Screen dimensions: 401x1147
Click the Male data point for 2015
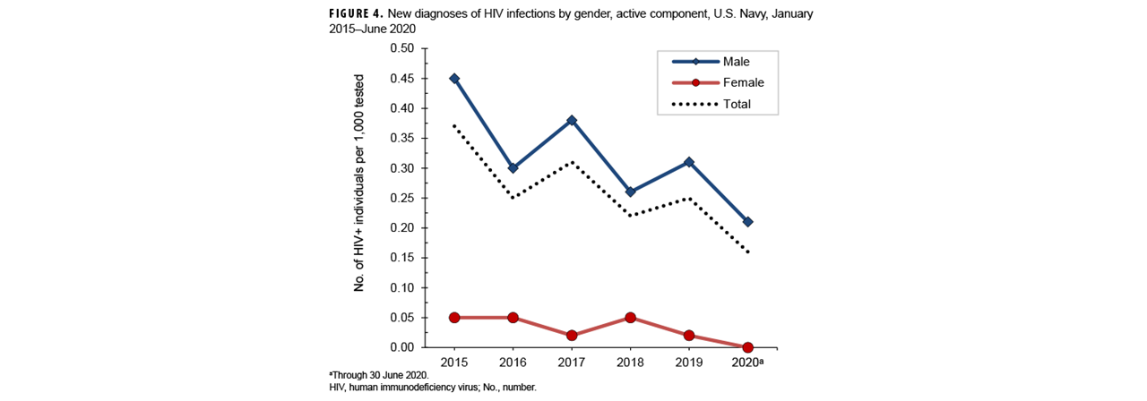click(454, 78)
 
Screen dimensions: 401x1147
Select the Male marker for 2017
click(572, 120)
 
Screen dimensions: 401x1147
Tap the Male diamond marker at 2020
click(747, 221)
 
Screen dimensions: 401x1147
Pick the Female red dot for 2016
click(513, 317)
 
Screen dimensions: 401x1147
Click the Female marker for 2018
click(630, 317)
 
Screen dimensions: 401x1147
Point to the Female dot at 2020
click(747, 347)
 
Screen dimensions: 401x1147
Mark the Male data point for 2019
click(688, 162)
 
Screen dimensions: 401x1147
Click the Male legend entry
click(714, 62)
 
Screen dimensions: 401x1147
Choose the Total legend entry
click(714, 104)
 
